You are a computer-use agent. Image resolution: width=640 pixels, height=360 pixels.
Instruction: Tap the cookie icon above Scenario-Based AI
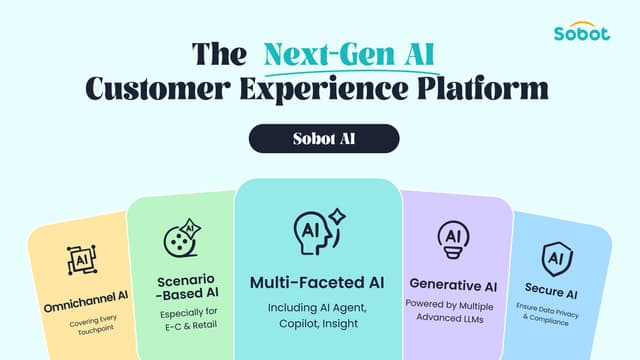[181, 241]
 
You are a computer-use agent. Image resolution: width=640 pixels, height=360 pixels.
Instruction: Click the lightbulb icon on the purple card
[452, 239]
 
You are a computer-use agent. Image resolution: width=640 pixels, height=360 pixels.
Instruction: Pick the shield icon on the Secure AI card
[556, 257]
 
